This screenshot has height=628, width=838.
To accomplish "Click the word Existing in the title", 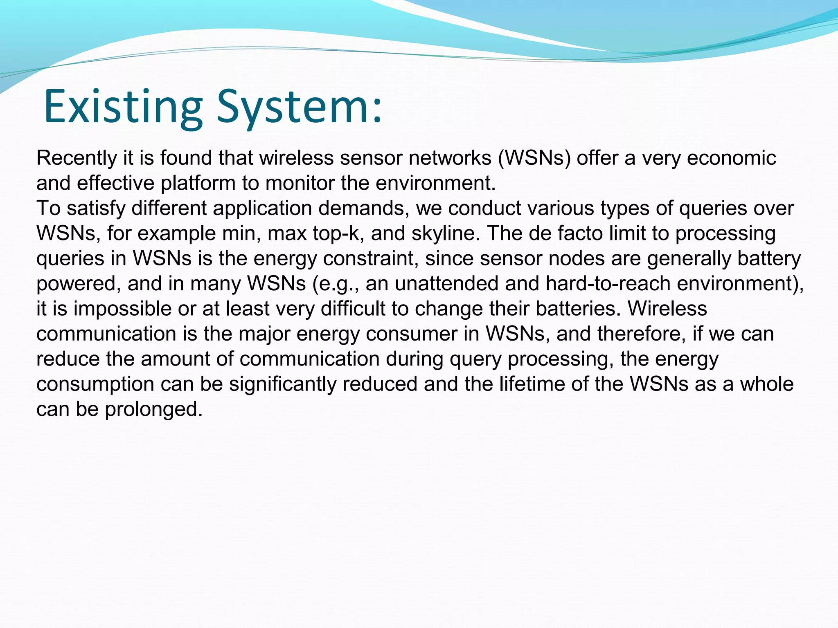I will (123, 107).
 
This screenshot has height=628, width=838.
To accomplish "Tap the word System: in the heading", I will (299, 107).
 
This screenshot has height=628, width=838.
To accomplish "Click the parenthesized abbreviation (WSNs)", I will (534, 158).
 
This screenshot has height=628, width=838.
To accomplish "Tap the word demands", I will (364, 209).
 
